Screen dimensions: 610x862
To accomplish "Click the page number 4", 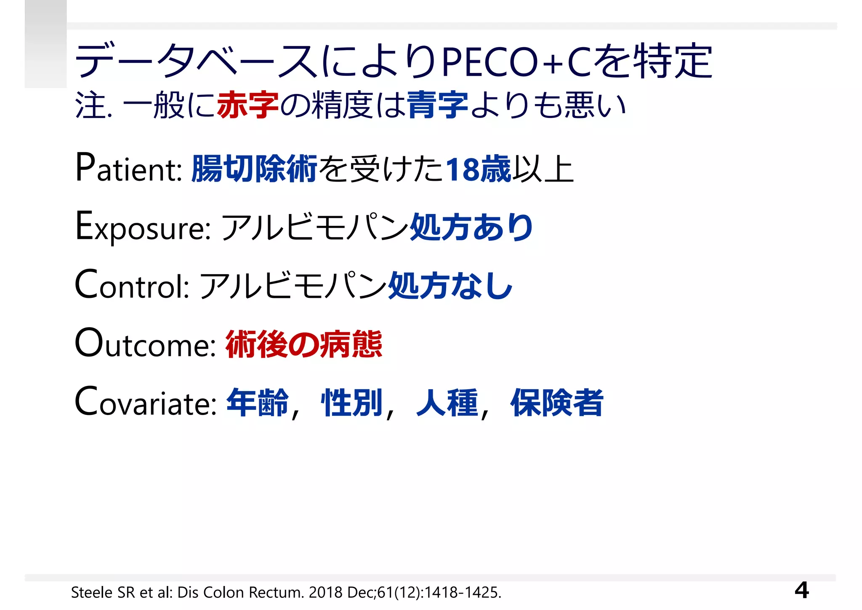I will (x=801, y=590).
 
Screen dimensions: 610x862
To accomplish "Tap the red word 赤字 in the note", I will (x=248, y=105).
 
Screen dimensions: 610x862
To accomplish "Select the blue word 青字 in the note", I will (x=437, y=105).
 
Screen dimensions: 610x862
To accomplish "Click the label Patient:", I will (x=128, y=169).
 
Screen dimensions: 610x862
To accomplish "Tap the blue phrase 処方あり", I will (x=471, y=227).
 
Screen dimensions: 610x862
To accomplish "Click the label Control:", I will (x=132, y=286).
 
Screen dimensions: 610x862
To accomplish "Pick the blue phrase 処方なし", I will (x=450, y=286).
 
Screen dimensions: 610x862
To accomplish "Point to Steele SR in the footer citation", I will (x=103, y=592).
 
